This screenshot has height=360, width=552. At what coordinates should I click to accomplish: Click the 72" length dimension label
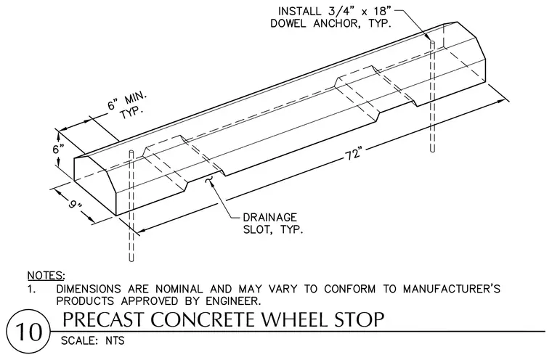(x=354, y=153)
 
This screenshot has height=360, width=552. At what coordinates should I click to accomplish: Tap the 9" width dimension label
(x=75, y=203)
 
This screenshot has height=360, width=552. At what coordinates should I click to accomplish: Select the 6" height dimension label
(x=58, y=149)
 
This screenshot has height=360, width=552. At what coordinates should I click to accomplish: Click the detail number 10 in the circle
(x=29, y=332)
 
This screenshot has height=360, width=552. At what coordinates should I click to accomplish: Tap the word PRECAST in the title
(x=104, y=319)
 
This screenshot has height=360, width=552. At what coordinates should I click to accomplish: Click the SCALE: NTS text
(x=92, y=340)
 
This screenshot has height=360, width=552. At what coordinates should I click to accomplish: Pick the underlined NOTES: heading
(x=46, y=275)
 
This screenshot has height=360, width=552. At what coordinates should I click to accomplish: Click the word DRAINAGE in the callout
(x=269, y=217)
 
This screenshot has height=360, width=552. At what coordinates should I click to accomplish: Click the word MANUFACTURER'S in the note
(x=452, y=289)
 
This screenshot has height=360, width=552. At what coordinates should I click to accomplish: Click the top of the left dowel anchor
(x=131, y=152)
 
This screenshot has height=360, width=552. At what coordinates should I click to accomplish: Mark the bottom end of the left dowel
(x=131, y=261)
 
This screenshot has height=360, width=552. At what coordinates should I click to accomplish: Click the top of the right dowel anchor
(x=432, y=42)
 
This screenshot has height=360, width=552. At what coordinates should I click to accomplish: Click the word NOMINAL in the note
(x=179, y=289)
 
